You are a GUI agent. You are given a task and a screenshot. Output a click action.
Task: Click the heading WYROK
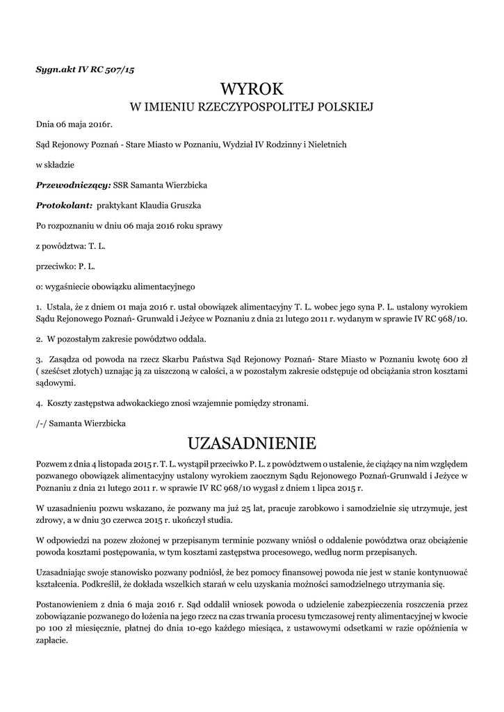click(252, 89)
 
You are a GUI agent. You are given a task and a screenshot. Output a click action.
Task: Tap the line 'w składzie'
click(54, 165)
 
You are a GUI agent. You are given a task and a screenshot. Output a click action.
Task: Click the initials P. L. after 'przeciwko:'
click(86, 266)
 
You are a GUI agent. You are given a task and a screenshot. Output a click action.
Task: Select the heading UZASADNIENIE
click(252, 443)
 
